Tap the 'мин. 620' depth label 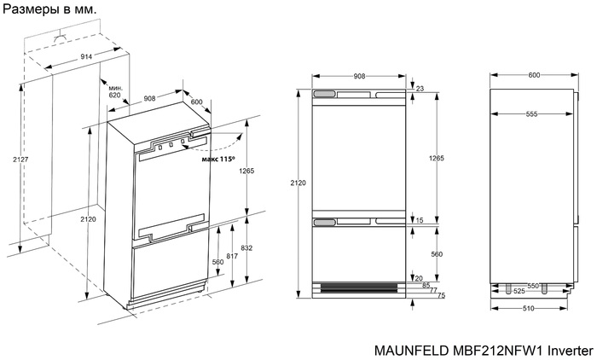point(114,92)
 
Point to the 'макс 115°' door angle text point(217,159)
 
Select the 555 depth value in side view point(531,113)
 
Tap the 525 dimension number point(518,292)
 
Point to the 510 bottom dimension point(528,307)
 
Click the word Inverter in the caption point(567,349)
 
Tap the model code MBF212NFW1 point(495,349)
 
